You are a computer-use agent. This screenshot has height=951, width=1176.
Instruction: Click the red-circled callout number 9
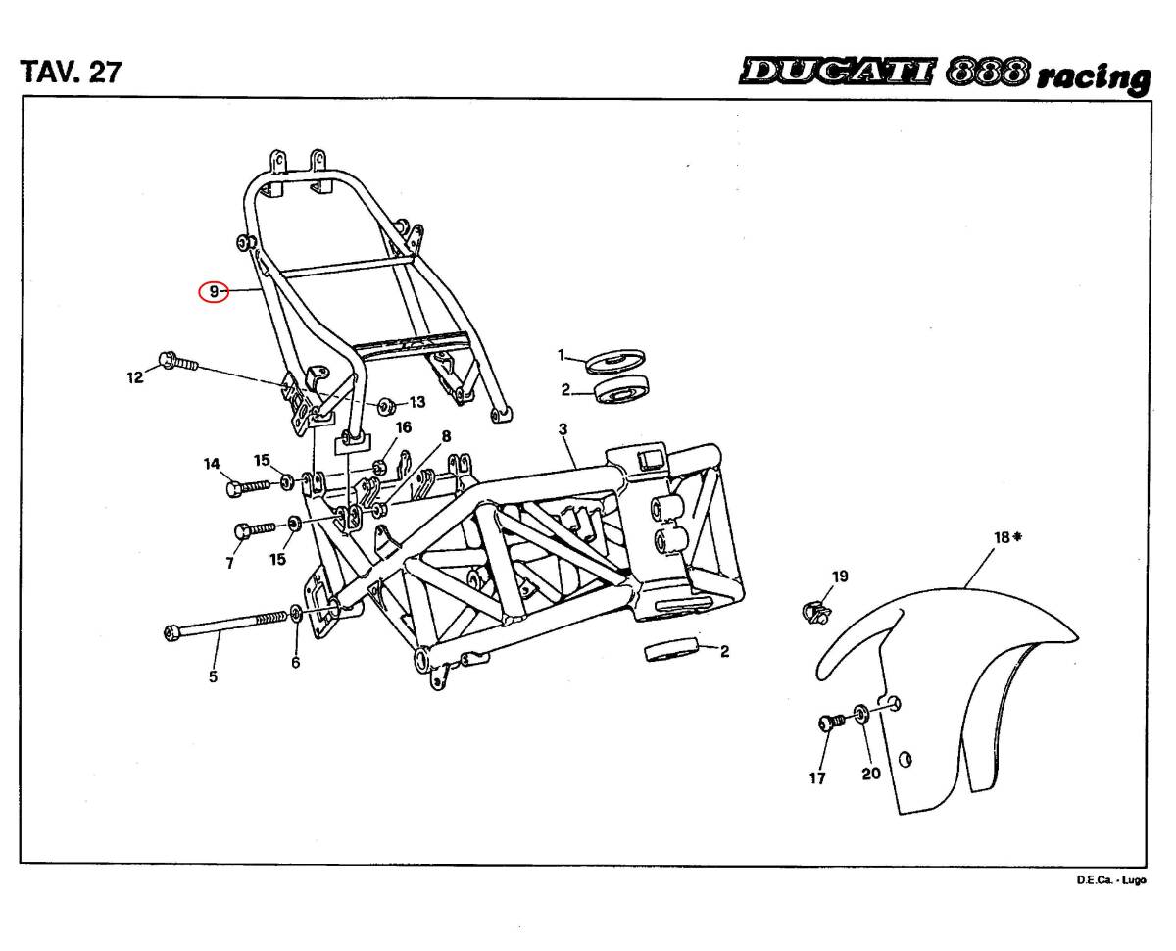[213, 291]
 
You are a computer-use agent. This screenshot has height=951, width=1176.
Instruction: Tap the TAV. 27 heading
[71, 72]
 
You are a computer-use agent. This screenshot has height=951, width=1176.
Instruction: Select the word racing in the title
[1094, 77]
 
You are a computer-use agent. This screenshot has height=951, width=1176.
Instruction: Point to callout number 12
[135, 376]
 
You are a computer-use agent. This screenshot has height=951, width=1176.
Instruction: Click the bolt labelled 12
[176, 362]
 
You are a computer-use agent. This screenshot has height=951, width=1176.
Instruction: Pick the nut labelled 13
[386, 403]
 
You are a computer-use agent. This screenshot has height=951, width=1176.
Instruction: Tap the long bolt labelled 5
[225, 625]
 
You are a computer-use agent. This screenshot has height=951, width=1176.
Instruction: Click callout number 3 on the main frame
[563, 429]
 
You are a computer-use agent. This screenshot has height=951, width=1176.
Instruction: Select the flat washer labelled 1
[614, 361]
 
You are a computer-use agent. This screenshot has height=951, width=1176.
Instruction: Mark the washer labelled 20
[860, 713]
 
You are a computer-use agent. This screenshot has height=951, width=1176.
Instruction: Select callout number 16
[404, 427]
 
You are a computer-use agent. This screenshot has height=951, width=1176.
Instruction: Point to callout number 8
[446, 436]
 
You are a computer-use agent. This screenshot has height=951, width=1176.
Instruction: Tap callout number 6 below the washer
[295, 663]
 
